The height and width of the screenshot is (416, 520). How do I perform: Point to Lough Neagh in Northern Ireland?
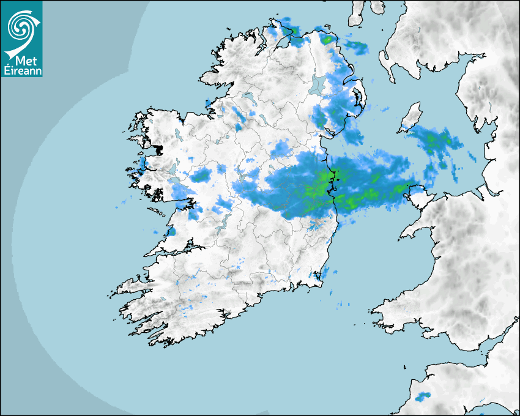[318, 84]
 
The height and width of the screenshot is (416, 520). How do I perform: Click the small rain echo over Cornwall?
[421, 398]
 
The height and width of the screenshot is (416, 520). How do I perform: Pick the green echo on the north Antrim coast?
[329, 40]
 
